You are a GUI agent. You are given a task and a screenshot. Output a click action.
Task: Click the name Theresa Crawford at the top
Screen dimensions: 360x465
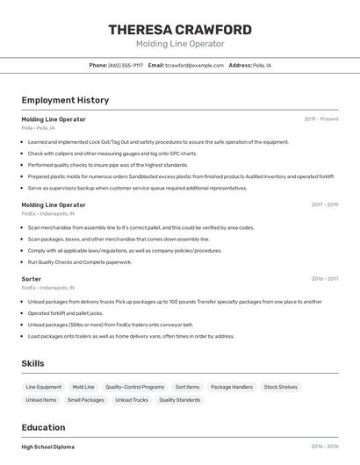point(180,30)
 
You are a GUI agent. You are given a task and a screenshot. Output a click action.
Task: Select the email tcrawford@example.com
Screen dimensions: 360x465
point(194,65)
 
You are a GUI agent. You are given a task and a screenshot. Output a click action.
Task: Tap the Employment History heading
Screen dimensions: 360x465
point(65,100)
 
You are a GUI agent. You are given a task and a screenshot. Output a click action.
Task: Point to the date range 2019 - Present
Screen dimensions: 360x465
point(320,118)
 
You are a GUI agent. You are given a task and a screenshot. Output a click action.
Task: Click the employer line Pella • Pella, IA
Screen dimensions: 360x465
point(38,127)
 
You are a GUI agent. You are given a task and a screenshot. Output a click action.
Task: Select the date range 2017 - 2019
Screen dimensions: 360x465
point(324,204)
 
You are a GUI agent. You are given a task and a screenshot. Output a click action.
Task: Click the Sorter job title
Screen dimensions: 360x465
point(32,279)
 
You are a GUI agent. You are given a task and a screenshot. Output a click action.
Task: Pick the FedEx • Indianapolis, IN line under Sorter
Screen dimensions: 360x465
point(47,288)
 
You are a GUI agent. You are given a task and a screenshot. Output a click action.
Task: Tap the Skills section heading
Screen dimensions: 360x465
point(32,363)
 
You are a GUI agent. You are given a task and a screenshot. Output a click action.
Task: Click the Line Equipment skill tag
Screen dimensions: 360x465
point(43,387)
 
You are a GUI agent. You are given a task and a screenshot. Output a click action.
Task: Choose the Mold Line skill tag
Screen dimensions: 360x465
point(83,387)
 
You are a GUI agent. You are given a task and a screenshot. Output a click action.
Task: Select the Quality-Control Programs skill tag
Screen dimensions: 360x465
point(134,387)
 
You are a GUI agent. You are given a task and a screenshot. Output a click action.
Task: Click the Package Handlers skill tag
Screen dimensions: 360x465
point(232,387)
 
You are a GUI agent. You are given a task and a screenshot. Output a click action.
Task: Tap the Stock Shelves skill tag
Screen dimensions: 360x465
point(281,387)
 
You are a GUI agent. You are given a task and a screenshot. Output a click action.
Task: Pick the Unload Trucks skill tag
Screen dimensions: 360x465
point(131,400)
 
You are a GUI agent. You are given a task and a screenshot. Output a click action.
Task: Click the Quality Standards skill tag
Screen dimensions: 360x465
point(179,400)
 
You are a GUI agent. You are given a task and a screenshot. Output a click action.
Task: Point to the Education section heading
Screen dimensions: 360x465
point(44,428)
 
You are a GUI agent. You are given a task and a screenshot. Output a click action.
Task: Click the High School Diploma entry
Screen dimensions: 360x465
point(48,447)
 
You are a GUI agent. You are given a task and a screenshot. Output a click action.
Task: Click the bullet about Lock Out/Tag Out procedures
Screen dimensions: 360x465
point(158,142)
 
